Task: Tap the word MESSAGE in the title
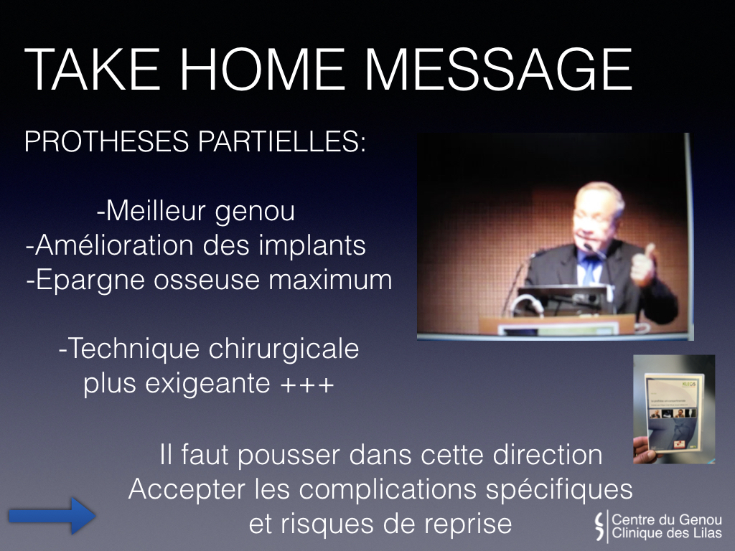498,70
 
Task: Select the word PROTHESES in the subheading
106,141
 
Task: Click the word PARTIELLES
281,141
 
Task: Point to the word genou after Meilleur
255,212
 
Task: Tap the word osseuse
207,281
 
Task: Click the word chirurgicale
284,349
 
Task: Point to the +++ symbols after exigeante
307,385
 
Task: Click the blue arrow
52,516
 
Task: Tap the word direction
544,455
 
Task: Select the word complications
388,490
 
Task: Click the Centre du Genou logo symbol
599,526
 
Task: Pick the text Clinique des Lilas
667,533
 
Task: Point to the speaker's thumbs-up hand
643,265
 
